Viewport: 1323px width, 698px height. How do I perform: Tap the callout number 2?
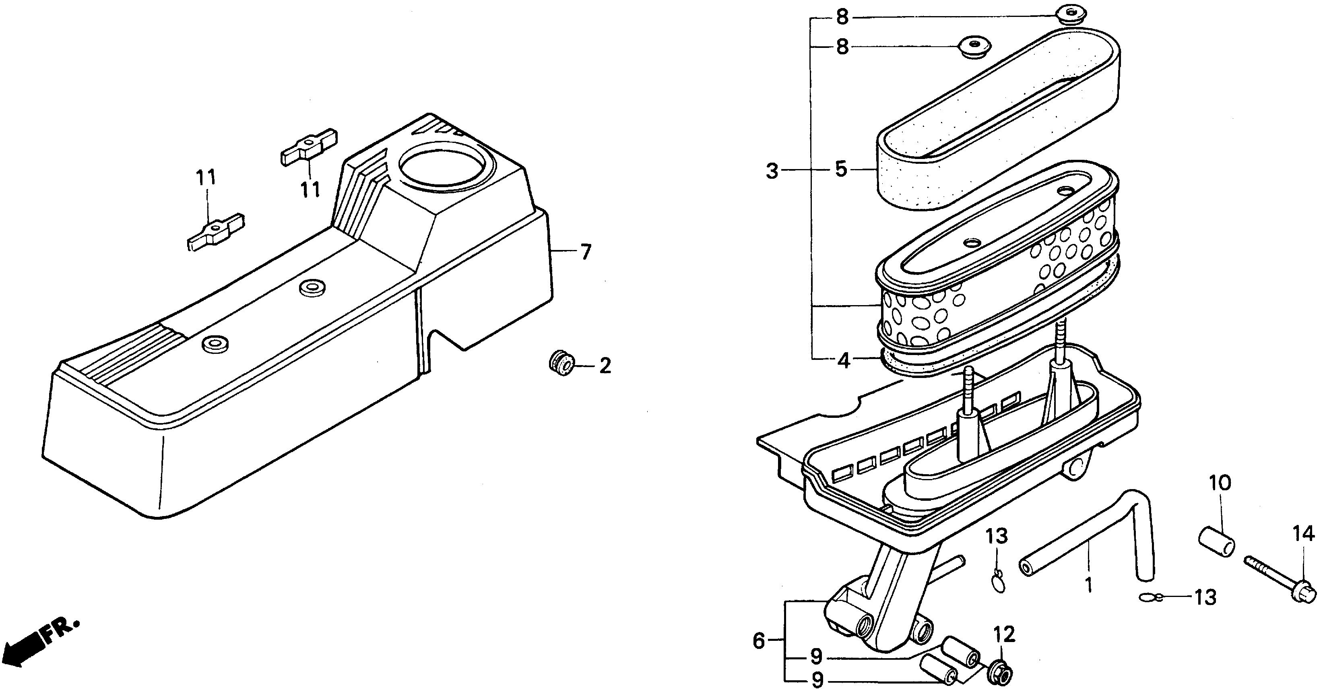pyautogui.click(x=605, y=366)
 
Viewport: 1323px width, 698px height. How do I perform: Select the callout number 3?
pyautogui.click(x=772, y=171)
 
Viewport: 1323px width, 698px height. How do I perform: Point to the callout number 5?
pyautogui.click(x=841, y=169)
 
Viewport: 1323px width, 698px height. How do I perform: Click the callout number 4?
pyautogui.click(x=844, y=361)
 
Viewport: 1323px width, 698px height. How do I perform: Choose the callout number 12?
pyautogui.click(x=1004, y=635)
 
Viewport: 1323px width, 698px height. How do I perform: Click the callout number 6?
pyautogui.click(x=759, y=640)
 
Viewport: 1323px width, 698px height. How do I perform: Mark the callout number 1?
pyautogui.click(x=1088, y=585)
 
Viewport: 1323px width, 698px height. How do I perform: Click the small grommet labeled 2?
pyautogui.click(x=560, y=363)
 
